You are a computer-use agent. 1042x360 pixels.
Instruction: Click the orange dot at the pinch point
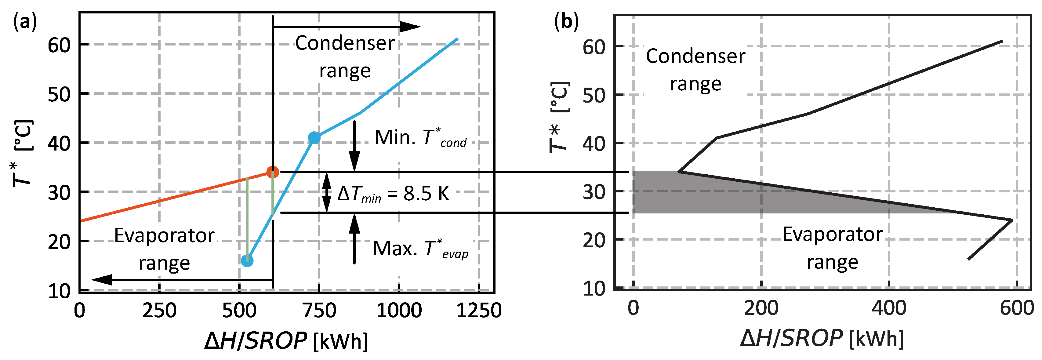click(x=273, y=172)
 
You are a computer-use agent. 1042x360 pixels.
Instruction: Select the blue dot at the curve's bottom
click(x=247, y=260)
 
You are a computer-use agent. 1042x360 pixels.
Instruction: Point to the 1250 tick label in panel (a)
click(x=479, y=311)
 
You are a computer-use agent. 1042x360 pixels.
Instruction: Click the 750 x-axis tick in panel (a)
click(x=320, y=311)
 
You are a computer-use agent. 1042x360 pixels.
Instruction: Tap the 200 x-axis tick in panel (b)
click(x=761, y=308)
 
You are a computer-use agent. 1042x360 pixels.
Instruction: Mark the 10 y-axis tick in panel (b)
click(x=594, y=289)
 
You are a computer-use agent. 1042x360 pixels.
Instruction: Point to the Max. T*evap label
click(x=421, y=249)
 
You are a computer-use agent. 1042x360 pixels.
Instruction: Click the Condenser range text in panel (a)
click(x=345, y=56)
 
